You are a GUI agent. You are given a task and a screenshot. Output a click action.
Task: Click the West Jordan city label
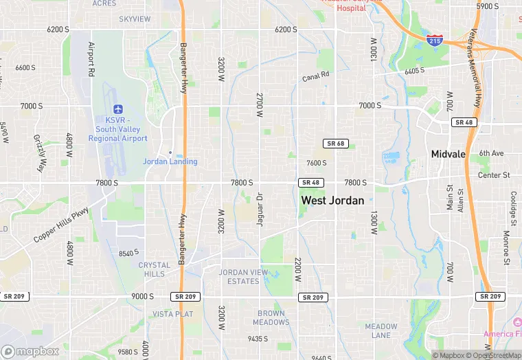[x=332, y=201]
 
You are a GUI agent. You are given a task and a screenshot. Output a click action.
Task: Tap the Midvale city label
[x=449, y=154]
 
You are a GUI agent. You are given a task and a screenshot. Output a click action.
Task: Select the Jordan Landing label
[x=170, y=161]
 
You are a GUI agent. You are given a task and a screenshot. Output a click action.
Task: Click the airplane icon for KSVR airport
[x=118, y=109]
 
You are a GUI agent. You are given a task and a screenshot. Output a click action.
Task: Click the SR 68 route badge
[x=334, y=144]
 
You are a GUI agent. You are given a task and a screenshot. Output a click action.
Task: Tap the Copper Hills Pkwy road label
[x=61, y=225]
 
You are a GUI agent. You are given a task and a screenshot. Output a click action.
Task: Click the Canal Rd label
[x=316, y=76]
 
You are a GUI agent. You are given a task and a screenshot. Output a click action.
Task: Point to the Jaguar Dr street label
[x=260, y=212]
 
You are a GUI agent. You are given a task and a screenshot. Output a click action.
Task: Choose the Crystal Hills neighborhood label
[x=155, y=269]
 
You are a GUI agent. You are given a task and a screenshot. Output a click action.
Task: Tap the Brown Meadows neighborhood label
[x=271, y=318]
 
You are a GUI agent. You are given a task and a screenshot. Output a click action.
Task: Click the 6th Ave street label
[x=492, y=153]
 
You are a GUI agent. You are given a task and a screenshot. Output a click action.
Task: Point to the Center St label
[x=495, y=175]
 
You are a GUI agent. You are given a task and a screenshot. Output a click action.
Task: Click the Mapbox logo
[x=30, y=351]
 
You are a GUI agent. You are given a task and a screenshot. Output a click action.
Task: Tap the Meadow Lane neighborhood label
[x=381, y=330]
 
